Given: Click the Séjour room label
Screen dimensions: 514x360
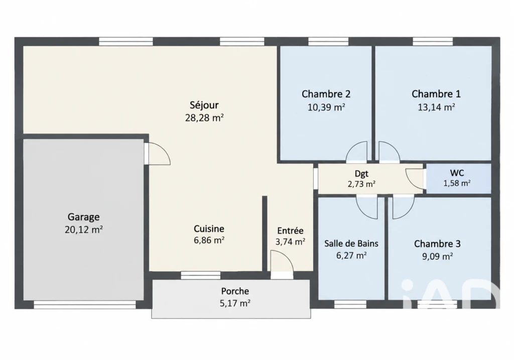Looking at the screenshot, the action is [x=204, y=105].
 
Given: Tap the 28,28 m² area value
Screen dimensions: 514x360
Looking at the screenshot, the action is [x=204, y=117].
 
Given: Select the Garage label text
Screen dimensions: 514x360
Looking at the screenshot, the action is [x=84, y=217].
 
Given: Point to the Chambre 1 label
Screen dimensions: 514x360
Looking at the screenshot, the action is [x=436, y=94].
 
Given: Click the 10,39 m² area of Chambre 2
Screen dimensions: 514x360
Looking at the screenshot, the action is [x=326, y=107].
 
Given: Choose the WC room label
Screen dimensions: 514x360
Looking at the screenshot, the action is [x=457, y=173].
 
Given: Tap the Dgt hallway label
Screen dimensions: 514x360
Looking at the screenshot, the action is [x=361, y=174].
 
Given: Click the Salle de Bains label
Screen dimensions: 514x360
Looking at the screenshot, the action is [x=351, y=244].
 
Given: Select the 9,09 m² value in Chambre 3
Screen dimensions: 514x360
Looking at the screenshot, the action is [x=437, y=256].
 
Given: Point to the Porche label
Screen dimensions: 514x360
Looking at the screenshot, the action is [x=235, y=291].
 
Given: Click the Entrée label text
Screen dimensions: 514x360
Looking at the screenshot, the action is [x=291, y=230].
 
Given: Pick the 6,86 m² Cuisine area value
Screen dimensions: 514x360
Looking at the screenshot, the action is [x=209, y=240].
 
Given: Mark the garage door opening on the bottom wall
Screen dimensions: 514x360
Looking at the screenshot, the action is [x=84, y=305].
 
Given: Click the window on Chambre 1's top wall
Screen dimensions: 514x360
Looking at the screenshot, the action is [x=433, y=42].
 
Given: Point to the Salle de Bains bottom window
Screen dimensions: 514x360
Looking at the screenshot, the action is [x=350, y=304].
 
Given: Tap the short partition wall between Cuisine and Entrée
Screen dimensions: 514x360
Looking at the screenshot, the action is [x=265, y=233].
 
